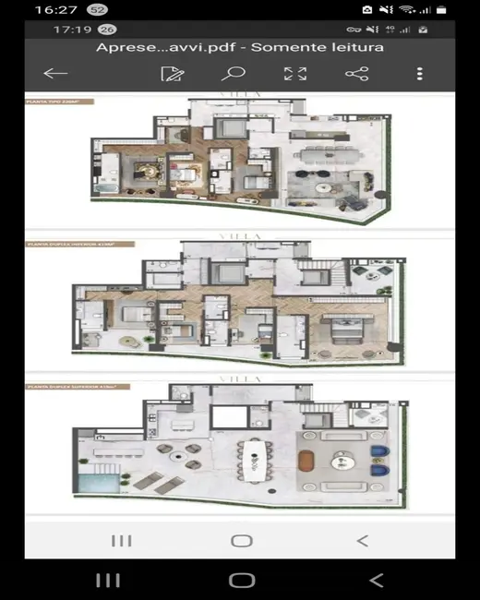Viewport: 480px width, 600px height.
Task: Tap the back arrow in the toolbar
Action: (x=55, y=74)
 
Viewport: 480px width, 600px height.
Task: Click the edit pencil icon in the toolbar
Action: (x=171, y=74)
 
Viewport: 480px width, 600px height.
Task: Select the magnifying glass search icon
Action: (x=233, y=74)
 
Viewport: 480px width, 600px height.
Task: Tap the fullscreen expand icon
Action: (x=294, y=74)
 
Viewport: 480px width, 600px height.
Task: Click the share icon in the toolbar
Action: (x=356, y=74)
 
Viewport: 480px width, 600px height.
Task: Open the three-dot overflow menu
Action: (x=420, y=74)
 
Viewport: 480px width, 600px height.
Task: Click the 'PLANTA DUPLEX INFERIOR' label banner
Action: (x=79, y=245)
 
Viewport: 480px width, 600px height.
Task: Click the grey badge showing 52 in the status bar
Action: (x=97, y=9)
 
